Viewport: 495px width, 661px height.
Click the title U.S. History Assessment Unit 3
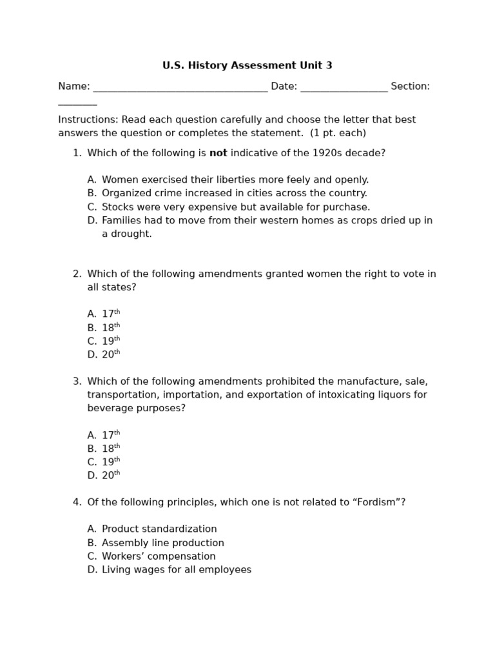[247, 66]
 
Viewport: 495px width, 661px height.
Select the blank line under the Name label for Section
[77, 103]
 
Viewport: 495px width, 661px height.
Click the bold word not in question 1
[218, 154]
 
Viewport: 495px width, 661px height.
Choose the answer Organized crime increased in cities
[234, 194]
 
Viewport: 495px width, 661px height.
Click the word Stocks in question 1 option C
[117, 207]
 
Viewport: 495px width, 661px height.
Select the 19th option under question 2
[110, 341]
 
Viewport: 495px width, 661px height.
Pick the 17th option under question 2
[110, 314]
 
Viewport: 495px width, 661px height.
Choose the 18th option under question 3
[110, 449]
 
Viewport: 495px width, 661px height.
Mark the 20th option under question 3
[110, 476]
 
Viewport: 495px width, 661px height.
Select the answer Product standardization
[159, 529]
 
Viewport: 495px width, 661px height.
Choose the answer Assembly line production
[162, 544]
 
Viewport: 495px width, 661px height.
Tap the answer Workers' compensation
[159, 556]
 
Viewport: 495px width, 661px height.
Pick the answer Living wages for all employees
[176, 570]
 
